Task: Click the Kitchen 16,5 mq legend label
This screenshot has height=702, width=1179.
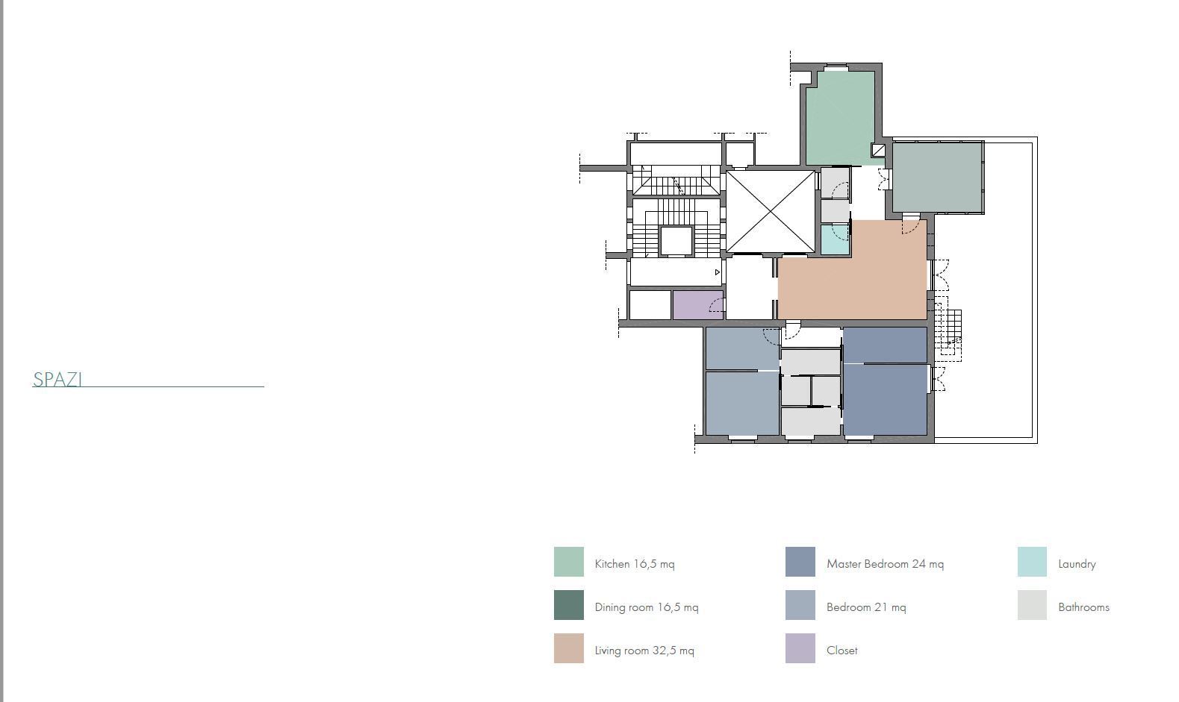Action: [634, 564]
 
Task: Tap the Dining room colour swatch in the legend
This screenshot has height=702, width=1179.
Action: [568, 605]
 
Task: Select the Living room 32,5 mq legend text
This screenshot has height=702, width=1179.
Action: [644, 651]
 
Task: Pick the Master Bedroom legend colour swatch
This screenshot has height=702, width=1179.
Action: [800, 562]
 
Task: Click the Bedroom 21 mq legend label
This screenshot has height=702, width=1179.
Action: [866, 607]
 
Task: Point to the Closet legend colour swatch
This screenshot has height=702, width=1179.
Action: [800, 648]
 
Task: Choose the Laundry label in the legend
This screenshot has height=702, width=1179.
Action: [1077, 564]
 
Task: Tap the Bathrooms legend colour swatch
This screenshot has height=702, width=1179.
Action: [1032, 605]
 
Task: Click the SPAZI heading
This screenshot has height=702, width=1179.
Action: [57, 379]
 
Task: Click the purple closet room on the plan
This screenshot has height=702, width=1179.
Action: [698, 304]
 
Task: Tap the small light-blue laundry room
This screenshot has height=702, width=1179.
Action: [836, 239]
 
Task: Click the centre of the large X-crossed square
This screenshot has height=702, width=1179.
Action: [771, 211]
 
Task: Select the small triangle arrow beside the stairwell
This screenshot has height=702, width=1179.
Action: [718, 272]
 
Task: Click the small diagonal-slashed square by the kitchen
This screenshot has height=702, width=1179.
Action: [878, 150]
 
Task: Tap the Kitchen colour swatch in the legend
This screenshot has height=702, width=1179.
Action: [568, 562]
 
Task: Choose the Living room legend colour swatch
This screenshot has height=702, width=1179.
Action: [568, 648]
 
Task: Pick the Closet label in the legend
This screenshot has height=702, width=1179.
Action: [842, 651]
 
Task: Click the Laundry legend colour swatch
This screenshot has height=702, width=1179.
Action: [1032, 562]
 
